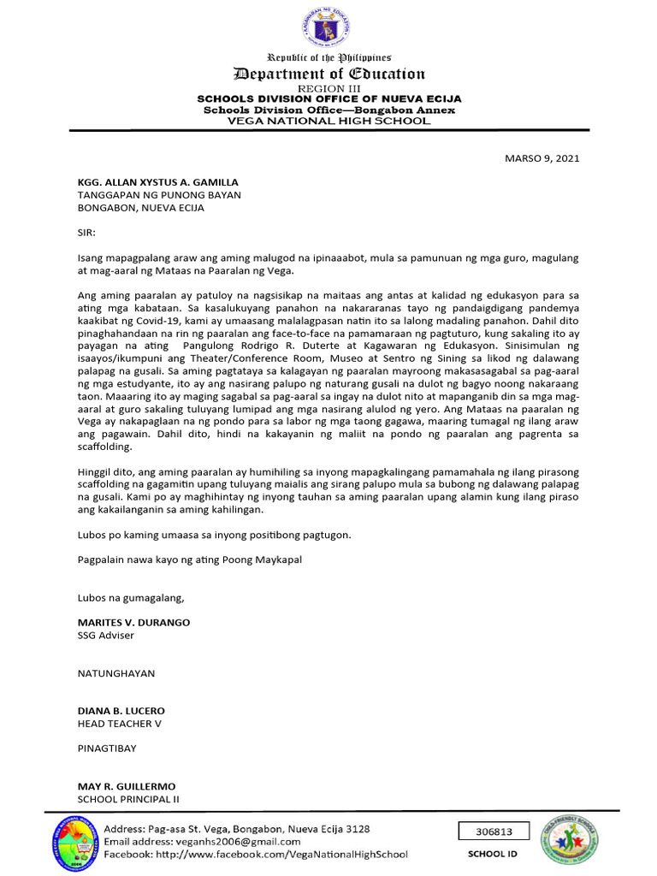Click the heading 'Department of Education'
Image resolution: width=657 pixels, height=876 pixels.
(x=328, y=74)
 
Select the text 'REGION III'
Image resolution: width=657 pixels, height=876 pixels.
(x=328, y=89)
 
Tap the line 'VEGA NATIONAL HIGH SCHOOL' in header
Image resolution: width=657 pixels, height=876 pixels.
(x=328, y=121)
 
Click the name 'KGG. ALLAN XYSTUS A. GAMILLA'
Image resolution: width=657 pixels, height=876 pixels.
(x=158, y=182)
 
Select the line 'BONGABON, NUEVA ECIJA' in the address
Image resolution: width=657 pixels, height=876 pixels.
(x=141, y=207)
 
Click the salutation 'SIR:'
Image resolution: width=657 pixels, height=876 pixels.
(x=87, y=232)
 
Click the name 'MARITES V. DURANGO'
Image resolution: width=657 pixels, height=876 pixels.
(x=133, y=622)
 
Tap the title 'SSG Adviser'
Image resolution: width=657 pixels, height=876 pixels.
(x=106, y=635)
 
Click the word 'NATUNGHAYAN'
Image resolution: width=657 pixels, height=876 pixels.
(x=116, y=673)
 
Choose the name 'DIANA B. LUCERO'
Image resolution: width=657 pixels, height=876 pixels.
(x=121, y=711)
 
